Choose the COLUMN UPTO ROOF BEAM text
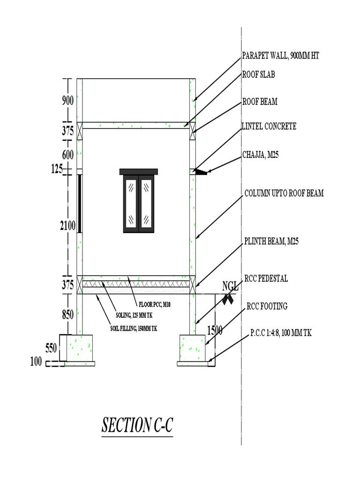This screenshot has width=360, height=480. coord(284,193)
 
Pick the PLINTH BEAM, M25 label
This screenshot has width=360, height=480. coord(271,242)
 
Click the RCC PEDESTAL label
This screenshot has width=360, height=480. coord(266,278)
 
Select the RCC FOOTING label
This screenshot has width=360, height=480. coord(267,306)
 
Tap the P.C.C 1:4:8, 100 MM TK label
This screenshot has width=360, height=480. coord(280,333)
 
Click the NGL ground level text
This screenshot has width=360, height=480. coord(230,285)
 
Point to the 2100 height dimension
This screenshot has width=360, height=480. coord(68,226)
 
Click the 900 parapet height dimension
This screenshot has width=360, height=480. coord(68,100)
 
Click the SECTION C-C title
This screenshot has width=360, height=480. coord(137,425)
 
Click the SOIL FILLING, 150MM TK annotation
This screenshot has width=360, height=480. coord(134,329)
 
